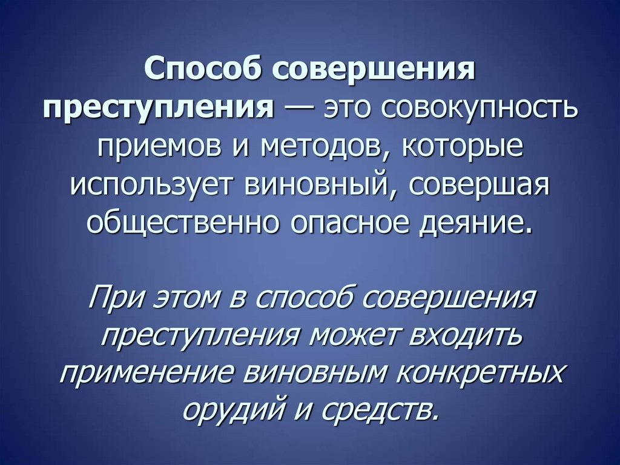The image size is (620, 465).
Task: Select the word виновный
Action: coord(318,186)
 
